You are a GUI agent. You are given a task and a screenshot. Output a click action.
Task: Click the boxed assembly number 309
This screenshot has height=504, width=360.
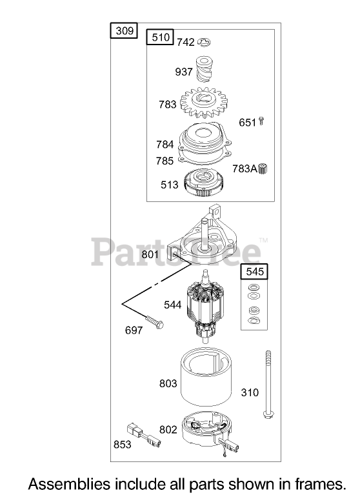coord(124,31)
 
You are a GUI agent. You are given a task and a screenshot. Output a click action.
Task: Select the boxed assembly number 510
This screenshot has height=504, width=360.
coord(160,37)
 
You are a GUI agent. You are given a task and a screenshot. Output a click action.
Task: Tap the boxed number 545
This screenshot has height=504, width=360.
coord(254,272)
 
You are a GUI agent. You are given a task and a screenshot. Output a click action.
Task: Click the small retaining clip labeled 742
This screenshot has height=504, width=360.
coord(204,42)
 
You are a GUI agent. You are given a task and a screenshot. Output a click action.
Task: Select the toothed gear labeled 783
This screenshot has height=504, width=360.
coord(204,103)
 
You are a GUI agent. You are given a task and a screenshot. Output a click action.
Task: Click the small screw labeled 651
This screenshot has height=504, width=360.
coord(261,121)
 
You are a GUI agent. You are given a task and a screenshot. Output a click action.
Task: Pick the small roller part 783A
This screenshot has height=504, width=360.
coord(263,168)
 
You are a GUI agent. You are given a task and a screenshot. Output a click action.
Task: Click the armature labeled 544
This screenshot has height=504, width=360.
coord(205,307)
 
